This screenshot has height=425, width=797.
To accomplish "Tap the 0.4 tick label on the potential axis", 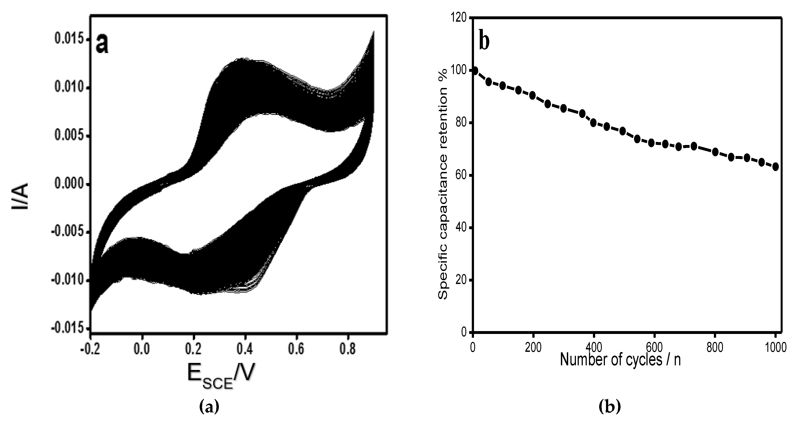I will click(245, 349).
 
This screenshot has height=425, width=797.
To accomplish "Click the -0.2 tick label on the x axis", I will click(90, 349).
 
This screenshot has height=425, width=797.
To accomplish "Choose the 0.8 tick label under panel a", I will click(348, 349).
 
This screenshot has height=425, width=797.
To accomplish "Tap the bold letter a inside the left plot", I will click(102, 44).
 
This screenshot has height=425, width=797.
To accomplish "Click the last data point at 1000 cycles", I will click(775, 167).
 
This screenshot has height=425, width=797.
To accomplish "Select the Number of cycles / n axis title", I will click(620, 360).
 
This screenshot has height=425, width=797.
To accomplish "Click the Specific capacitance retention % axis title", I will click(443, 185).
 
